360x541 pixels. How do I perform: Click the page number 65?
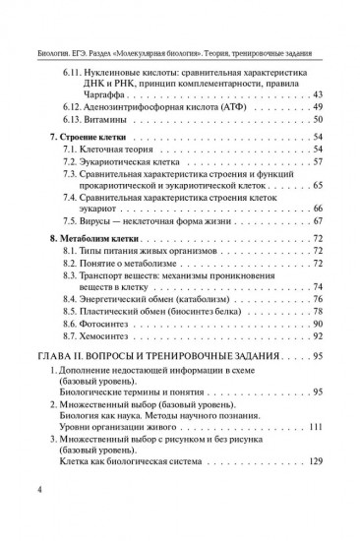(x=316, y=186)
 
